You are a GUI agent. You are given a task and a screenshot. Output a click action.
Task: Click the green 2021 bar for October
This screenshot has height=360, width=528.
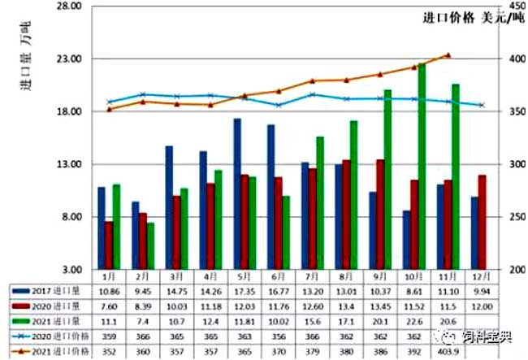click(422, 167)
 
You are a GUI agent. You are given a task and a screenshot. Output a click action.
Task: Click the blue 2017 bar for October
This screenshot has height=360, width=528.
click(407, 240)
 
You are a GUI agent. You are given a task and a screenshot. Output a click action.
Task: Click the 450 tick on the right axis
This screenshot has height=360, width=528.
click(507, 7)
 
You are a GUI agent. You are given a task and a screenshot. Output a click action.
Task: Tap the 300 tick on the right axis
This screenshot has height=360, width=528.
click(507, 164)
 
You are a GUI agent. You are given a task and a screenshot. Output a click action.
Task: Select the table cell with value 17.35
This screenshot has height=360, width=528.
click(243, 290)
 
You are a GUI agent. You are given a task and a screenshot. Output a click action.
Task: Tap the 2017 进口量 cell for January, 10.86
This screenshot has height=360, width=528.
click(108, 290)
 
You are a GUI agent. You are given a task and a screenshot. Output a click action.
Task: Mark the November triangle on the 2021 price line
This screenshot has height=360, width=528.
click(448, 55)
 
